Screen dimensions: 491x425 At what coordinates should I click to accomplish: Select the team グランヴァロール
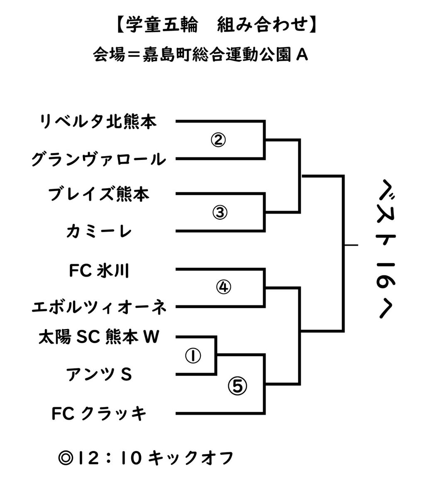(x=99, y=159)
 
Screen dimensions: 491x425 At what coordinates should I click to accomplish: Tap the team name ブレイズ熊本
(x=98, y=194)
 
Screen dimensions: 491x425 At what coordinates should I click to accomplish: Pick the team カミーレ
(x=99, y=231)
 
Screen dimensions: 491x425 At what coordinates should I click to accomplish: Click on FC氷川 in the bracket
(x=99, y=270)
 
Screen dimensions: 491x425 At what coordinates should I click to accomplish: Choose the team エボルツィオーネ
(x=99, y=307)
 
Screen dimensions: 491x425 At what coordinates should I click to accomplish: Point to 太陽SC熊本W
(x=99, y=336)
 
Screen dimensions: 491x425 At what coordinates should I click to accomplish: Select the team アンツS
(x=99, y=375)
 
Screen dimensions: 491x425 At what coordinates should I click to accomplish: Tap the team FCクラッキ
(x=99, y=413)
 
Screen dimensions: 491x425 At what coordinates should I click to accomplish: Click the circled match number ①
(x=193, y=356)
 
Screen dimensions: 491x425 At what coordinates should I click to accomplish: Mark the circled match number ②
(x=218, y=140)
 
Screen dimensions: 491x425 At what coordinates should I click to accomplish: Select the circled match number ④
(x=223, y=287)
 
